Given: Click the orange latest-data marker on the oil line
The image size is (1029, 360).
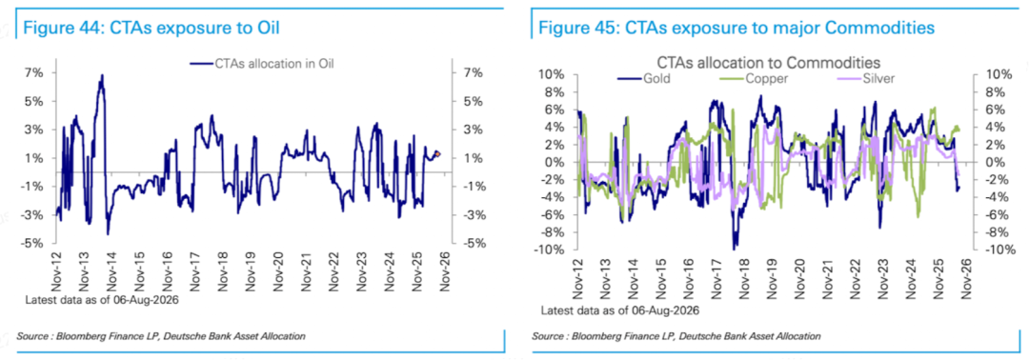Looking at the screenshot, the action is click(437, 154).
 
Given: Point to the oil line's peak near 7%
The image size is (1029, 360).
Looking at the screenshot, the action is click(102, 75).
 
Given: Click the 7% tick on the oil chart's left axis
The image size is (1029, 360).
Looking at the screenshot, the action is click(35, 72).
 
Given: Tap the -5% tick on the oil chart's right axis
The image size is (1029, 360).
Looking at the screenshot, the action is click(471, 243).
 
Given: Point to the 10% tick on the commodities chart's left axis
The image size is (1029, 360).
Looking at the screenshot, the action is click(550, 74).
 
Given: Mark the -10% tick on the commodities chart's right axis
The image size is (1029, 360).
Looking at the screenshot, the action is click(990, 250).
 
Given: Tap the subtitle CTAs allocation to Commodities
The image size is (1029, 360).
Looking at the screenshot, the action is click(769, 62).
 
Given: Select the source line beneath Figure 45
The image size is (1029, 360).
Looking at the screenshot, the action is click(676, 336).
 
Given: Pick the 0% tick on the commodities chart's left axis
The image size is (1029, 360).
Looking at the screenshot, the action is click(554, 162).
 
